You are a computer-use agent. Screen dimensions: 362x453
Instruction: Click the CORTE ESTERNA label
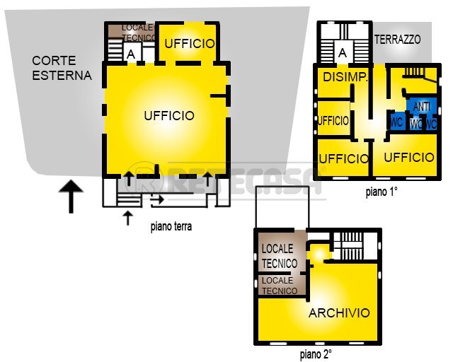point(62,68)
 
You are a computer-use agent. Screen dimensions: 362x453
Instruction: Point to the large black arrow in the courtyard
point(71,196)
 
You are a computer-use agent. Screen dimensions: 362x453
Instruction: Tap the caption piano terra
point(171,227)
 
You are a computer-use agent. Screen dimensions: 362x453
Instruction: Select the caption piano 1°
point(383,192)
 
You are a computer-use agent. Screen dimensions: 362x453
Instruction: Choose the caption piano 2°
point(316,354)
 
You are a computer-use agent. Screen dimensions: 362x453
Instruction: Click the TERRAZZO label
point(397,40)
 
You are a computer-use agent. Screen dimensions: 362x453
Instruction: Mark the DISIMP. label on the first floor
point(345,77)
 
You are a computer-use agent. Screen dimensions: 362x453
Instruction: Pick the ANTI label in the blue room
point(421,107)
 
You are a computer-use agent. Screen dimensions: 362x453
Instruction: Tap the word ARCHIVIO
point(339,313)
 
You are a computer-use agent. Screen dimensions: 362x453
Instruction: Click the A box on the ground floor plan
point(130,53)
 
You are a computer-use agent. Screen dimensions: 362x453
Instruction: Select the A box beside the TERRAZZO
point(343,52)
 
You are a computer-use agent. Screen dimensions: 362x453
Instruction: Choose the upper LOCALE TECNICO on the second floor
point(279,255)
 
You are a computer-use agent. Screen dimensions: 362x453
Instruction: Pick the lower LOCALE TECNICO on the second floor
point(279,286)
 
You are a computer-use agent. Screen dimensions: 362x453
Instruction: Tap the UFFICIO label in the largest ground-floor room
point(168,115)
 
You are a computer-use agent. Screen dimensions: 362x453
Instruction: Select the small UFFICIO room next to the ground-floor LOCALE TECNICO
point(189,43)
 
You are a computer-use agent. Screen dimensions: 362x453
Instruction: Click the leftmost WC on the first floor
point(396,122)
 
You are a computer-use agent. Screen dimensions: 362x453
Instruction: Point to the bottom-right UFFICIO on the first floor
point(408,157)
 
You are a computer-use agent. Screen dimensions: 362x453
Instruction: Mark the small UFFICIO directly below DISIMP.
point(333,121)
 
